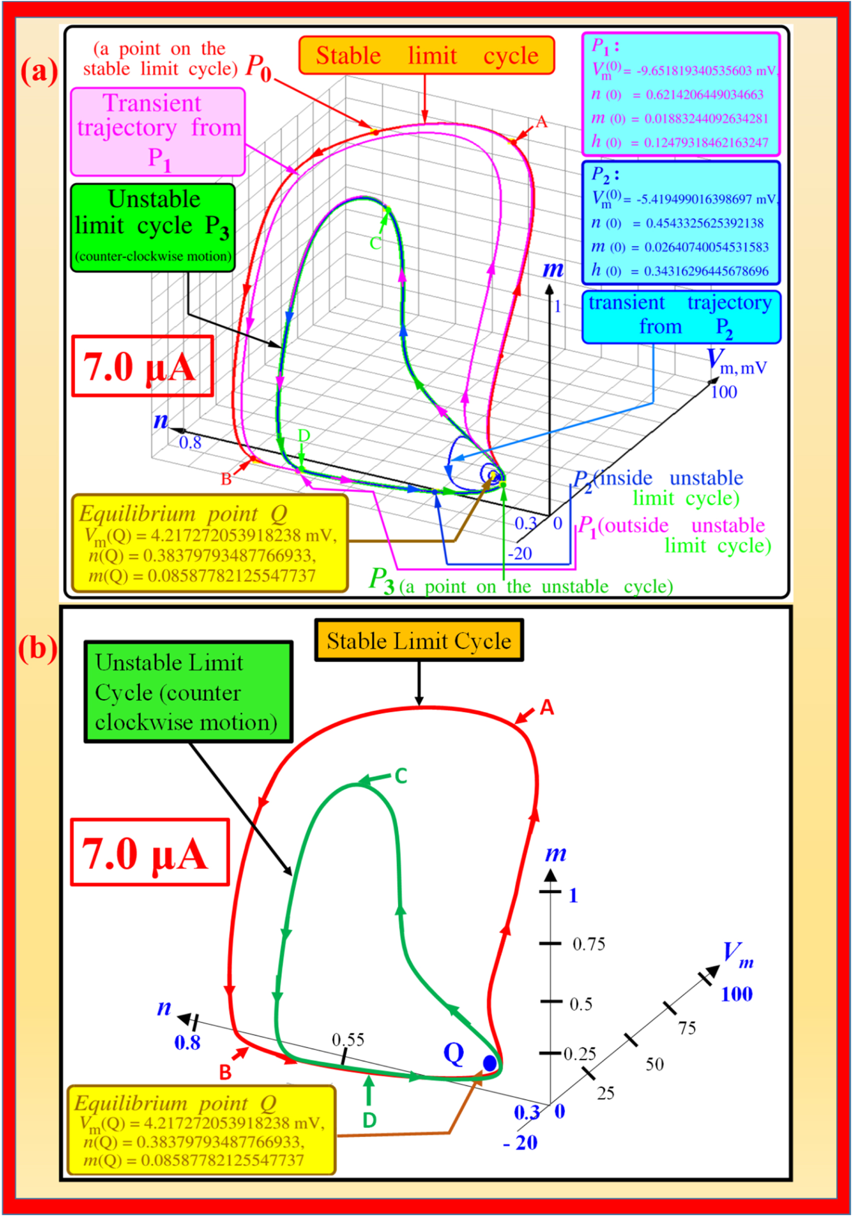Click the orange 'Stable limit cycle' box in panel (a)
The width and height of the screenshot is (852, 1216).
(427, 55)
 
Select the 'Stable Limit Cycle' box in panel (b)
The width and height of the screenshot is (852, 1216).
(419, 640)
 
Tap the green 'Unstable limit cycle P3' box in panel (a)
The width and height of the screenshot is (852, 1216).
(152, 228)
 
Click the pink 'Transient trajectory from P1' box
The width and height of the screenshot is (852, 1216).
(158, 132)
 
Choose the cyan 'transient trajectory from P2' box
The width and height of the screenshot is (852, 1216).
(681, 317)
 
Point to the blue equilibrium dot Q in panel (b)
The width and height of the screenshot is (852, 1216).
(490, 1063)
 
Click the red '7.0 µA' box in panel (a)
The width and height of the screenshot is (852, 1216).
(142, 366)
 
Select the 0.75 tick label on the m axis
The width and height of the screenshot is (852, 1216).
(589, 944)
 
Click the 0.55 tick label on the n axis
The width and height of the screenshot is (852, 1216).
(348, 1040)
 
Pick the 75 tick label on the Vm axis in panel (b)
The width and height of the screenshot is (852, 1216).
(687, 1028)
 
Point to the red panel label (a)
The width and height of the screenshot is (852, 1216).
(39, 71)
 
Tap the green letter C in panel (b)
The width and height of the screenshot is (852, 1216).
(401, 776)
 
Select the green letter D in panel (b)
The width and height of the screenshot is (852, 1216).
(369, 1120)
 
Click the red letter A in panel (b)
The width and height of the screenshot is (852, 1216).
(547, 707)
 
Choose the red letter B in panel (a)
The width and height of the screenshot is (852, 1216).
(226, 479)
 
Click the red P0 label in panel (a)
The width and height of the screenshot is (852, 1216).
(259, 68)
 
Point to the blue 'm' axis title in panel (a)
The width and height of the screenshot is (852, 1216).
(553, 270)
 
